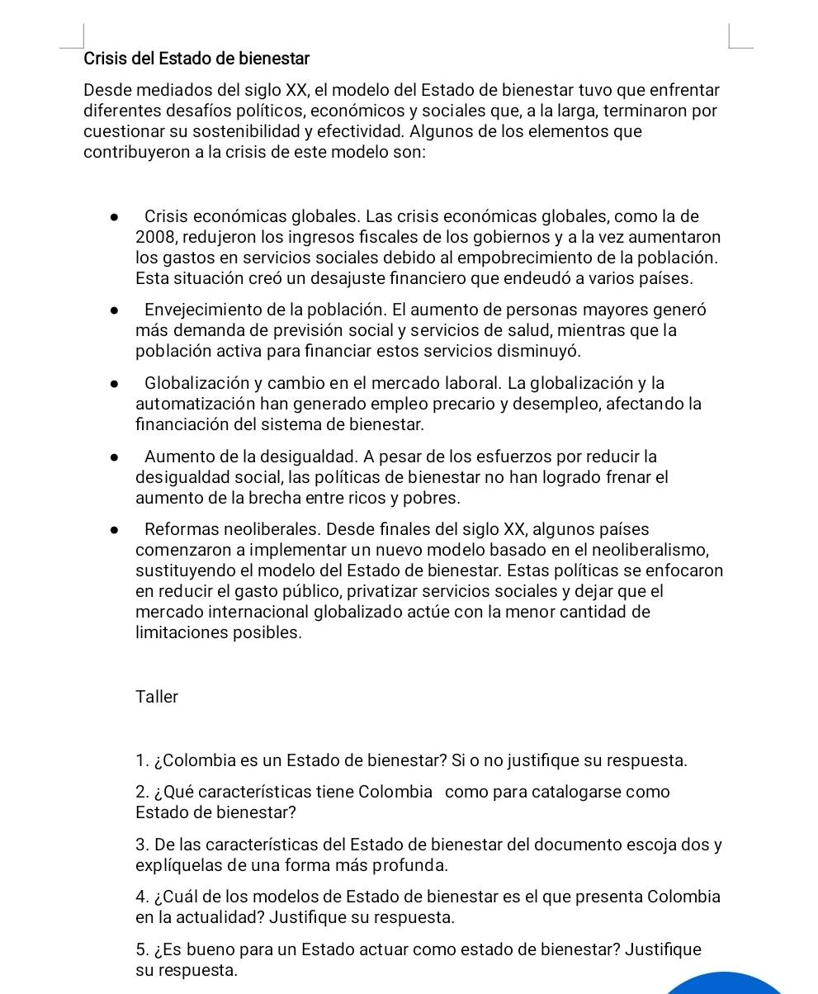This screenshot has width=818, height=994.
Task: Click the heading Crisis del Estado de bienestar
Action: click(196, 59)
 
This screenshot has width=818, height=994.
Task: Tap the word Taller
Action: click(157, 697)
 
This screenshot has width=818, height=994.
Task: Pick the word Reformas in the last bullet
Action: click(177, 529)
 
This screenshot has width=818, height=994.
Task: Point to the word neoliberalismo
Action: click(646, 550)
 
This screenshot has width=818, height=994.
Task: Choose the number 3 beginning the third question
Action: click(141, 845)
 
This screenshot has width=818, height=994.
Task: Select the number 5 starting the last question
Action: click(141, 949)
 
